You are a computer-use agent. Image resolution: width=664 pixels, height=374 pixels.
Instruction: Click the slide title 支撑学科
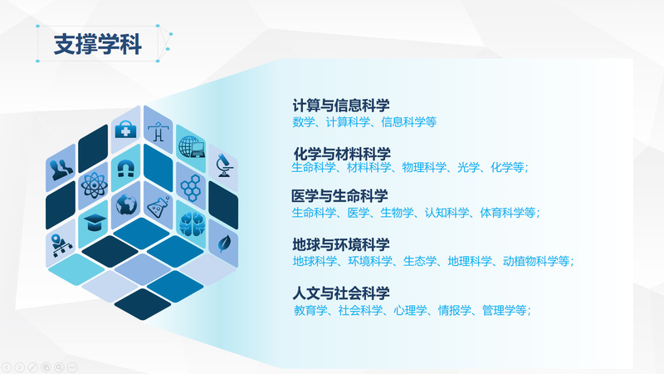pos(97,44)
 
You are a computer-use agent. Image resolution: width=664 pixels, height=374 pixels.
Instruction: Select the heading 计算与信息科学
pos(341,106)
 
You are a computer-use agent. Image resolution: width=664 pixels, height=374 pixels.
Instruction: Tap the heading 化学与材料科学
pos(342,154)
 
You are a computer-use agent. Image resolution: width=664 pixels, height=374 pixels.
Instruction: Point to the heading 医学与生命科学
pos(339,196)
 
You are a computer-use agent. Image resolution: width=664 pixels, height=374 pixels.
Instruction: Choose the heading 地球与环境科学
pos(341,244)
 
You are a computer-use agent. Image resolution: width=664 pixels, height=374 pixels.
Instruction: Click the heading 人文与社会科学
pos(341,293)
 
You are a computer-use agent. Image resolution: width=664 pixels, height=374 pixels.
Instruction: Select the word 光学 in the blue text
pos(468,168)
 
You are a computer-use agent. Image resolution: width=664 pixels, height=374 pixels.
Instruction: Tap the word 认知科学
pos(447,213)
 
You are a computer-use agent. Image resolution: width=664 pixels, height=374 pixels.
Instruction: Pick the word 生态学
pos(420,261)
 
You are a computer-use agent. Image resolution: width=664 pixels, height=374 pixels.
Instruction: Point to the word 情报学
pos(454,310)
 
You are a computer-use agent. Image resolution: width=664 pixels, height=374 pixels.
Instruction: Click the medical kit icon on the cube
pos(126,130)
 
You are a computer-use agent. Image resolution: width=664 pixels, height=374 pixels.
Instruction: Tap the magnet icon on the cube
pos(126,169)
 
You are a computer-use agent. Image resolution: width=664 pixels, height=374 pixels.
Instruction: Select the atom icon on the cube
pos(94,185)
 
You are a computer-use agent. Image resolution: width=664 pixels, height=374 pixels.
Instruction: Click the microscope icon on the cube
pos(223,165)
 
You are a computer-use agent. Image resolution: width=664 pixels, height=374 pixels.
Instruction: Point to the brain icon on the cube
pos(192,224)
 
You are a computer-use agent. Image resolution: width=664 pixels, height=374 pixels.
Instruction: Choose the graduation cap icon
pos(95,222)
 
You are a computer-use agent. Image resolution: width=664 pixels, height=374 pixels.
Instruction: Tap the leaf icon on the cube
pos(223,244)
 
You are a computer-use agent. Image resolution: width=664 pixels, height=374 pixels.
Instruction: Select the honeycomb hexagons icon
pos(191,188)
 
